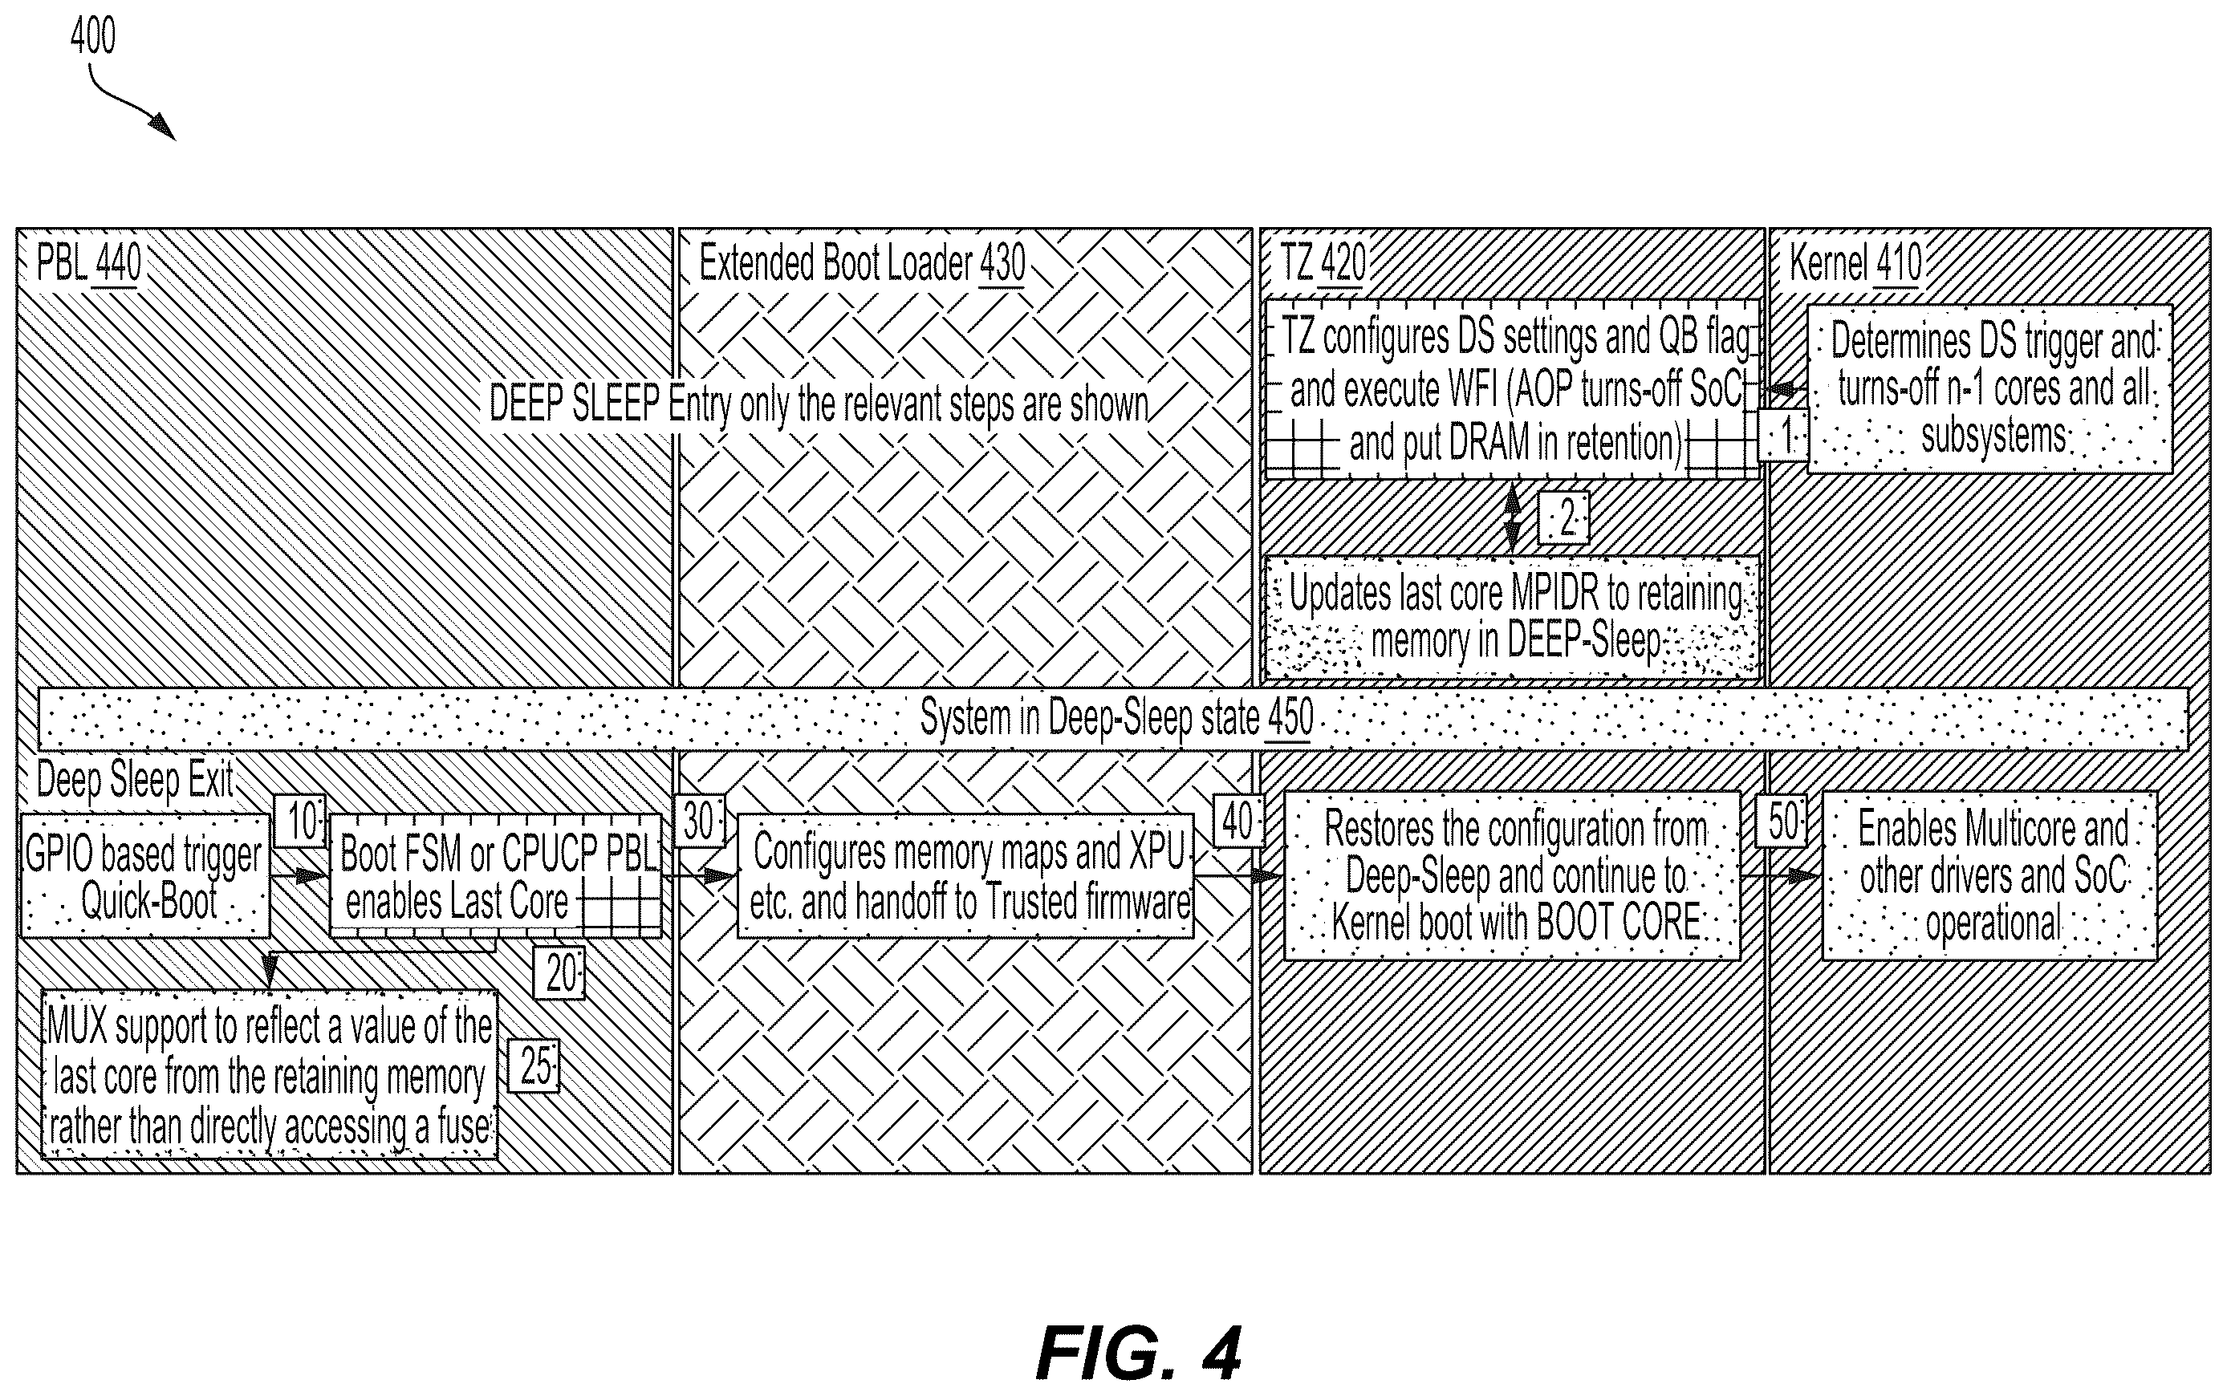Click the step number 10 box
(301, 820)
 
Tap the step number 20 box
(559, 973)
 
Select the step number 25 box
(534, 1067)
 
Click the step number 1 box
(1783, 435)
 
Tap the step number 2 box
(1563, 518)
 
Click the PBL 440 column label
(88, 263)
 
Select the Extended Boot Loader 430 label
(863, 263)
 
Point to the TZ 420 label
(1323, 263)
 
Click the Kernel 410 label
(1855, 263)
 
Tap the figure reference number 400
(93, 37)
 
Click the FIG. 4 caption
(1140, 1353)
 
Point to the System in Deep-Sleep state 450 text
(1116, 717)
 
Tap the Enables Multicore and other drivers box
(1989, 875)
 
